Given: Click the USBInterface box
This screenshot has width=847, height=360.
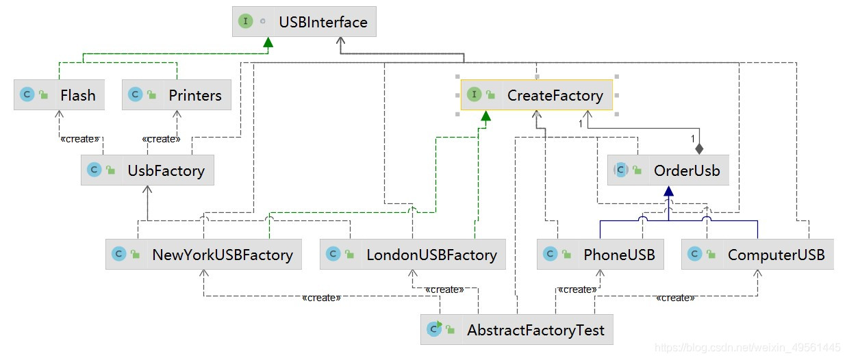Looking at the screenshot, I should coord(304,22).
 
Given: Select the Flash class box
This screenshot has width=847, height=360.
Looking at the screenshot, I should coord(59,95).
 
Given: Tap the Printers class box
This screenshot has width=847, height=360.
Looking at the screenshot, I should coord(177,95).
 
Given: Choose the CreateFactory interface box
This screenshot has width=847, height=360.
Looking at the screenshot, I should coord(537,95).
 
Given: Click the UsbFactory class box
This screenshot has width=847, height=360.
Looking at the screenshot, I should coord(147,170).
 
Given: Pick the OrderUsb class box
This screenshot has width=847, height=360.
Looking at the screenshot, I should coord(668,170).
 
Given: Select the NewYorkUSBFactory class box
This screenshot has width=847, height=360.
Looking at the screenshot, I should coord(204,255).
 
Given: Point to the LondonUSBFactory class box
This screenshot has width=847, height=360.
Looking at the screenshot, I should coord(413,255).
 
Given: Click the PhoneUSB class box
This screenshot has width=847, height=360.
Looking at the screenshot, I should coord(601,255).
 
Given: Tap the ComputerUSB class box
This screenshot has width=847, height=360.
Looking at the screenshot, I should coord(758,255).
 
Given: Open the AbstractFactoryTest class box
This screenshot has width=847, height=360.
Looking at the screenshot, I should coord(517,331).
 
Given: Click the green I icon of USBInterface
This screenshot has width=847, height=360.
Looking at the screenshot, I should coord(245,22).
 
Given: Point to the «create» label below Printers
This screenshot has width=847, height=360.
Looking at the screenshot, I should coord(161,139).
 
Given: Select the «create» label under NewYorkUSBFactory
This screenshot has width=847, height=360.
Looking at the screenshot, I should coord(321,298).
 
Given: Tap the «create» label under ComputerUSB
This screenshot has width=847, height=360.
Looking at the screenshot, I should coord(675,298).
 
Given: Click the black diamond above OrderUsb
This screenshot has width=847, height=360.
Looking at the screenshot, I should coord(699,148).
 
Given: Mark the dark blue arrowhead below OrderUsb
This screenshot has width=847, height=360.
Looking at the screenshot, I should coord(668,192).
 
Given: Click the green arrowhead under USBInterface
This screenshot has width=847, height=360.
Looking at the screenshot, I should coord(268,42).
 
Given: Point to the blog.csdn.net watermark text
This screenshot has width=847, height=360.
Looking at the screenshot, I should coord(747,348).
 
